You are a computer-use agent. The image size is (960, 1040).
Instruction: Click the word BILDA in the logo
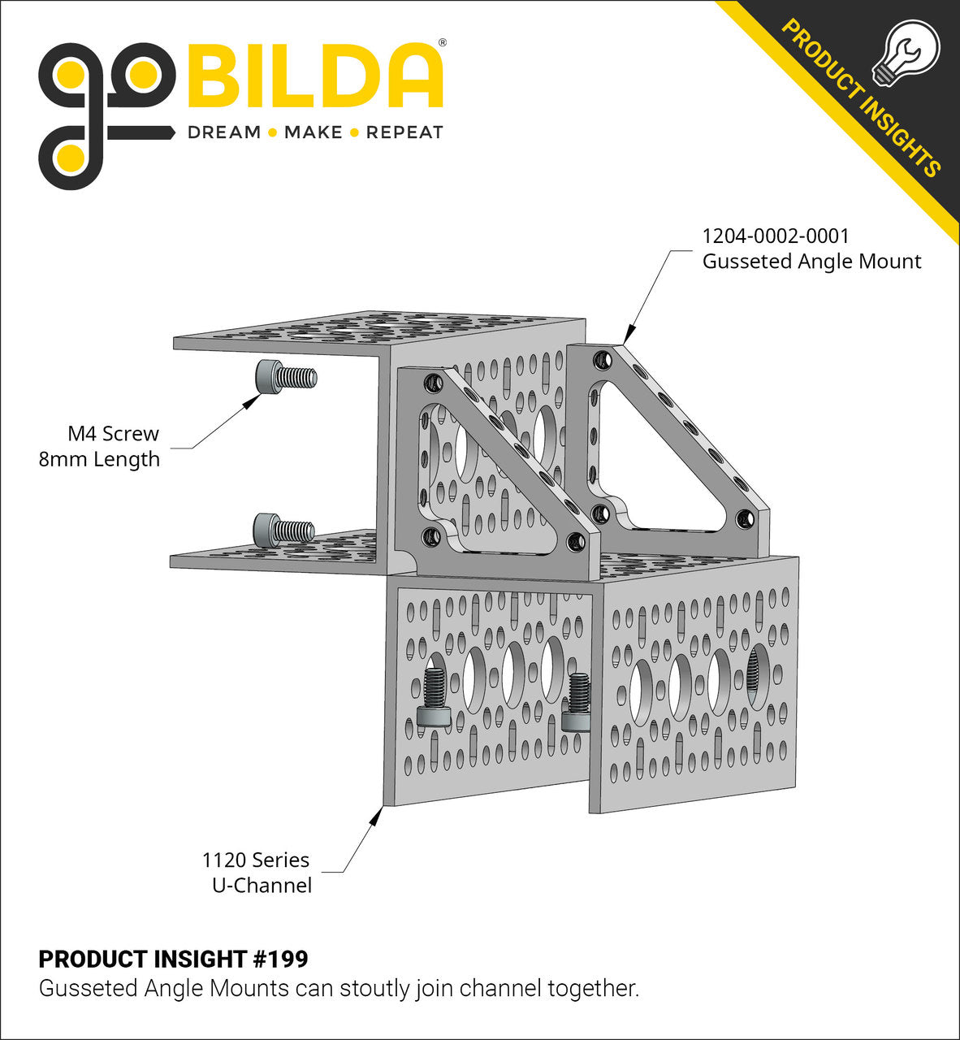click(315, 76)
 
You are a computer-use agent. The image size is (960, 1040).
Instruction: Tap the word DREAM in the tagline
click(224, 132)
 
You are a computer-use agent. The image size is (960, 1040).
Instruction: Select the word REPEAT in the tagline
click(404, 132)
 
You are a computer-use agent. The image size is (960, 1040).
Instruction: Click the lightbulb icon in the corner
click(905, 53)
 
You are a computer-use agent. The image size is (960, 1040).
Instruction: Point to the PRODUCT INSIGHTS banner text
click(861, 97)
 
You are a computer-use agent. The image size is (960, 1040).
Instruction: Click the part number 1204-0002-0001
click(776, 236)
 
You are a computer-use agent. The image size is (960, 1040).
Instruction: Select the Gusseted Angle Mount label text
click(811, 262)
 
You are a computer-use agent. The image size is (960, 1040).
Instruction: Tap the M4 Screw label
click(113, 434)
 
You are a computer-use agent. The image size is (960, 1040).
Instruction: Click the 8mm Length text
click(99, 459)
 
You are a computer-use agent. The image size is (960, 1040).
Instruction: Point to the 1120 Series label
click(256, 860)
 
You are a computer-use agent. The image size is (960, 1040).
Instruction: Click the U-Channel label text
click(262, 885)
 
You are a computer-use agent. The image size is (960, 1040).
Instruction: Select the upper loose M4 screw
click(285, 377)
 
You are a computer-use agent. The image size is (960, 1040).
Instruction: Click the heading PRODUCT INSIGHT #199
click(173, 960)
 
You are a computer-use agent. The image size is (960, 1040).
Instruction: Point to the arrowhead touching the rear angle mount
click(628, 336)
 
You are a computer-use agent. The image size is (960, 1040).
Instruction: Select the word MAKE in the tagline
click(313, 132)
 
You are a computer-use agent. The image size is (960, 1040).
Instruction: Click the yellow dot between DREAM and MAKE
click(272, 132)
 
